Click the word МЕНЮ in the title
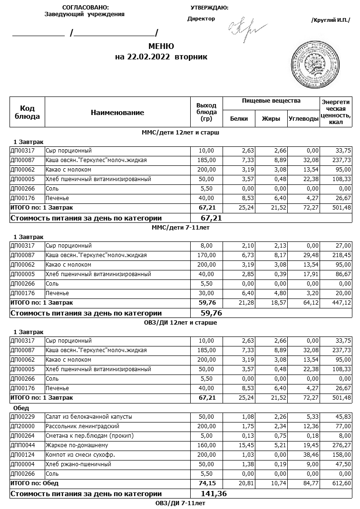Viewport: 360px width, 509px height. (x=161, y=47)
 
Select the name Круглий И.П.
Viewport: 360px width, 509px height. (x=330, y=20)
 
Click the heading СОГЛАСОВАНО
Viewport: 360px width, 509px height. (x=85, y=8)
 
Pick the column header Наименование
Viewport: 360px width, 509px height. (x=117, y=113)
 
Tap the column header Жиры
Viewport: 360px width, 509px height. (x=271, y=119)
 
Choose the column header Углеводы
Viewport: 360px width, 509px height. (x=303, y=119)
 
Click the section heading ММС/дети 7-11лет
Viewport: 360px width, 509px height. (x=180, y=228)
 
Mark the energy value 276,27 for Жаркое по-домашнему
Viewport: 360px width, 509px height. (x=341, y=445)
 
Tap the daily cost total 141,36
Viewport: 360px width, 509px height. (x=214, y=494)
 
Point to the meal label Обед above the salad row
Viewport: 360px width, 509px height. (x=21, y=408)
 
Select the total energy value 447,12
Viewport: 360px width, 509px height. (x=341, y=303)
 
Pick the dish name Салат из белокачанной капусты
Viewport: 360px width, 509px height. (x=88, y=417)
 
